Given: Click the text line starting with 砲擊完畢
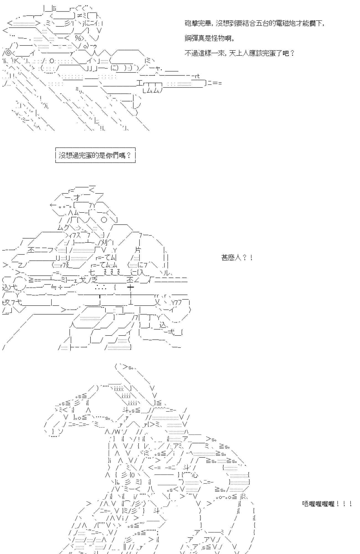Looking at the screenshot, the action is click(x=254, y=24).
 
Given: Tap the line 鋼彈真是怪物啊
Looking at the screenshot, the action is click(x=210, y=38).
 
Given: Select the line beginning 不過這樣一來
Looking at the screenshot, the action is click(x=240, y=53).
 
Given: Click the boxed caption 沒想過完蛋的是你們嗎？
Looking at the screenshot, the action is click(x=95, y=155).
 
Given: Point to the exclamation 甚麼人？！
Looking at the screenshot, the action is click(x=237, y=258).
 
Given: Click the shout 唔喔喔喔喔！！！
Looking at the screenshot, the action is click(x=327, y=504).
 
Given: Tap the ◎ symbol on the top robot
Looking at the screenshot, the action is click(x=8, y=53).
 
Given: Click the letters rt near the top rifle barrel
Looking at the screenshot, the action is click(x=197, y=76).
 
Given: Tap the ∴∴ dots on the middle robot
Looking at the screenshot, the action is click(x=101, y=288).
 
